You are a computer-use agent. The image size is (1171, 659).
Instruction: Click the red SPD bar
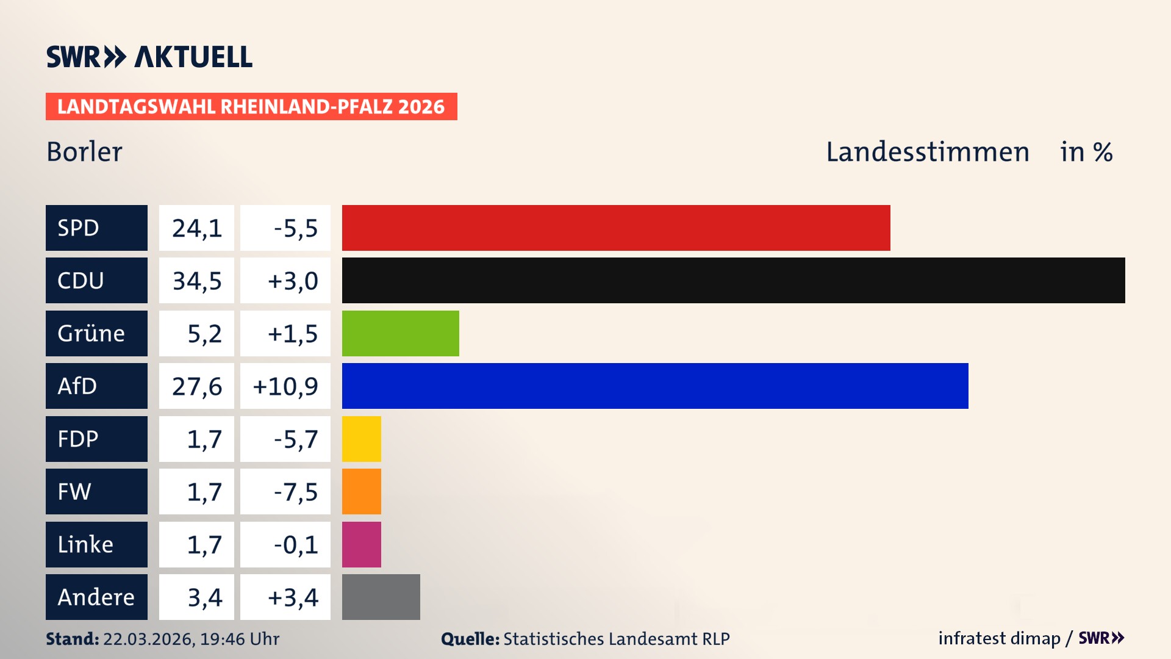tap(616, 228)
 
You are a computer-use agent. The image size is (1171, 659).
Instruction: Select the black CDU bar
tap(733, 280)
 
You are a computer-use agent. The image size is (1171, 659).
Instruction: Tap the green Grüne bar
tap(400, 333)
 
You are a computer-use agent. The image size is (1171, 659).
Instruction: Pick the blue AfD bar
tap(655, 386)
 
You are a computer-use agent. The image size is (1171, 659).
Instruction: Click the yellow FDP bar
tap(361, 439)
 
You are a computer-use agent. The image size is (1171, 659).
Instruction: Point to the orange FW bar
tap(361, 491)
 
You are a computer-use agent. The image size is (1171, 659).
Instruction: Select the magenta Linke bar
tap(361, 544)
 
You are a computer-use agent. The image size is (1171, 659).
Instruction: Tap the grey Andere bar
tap(381, 597)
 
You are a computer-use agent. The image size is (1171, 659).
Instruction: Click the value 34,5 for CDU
tap(196, 281)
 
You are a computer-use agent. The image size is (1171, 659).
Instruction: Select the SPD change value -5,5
tap(295, 228)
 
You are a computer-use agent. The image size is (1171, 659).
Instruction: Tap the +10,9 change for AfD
tap(285, 386)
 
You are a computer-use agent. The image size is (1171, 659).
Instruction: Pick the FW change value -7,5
tap(295, 492)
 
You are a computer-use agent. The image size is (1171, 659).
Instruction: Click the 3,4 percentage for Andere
tap(204, 597)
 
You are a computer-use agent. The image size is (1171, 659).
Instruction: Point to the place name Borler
tap(84, 152)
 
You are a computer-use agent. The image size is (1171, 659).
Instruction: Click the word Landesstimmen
tap(927, 152)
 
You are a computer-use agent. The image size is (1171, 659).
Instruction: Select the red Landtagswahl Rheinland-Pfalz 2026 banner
tap(251, 107)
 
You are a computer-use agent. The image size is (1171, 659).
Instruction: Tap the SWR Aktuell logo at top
tap(149, 57)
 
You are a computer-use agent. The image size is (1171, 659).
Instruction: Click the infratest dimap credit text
tap(999, 638)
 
